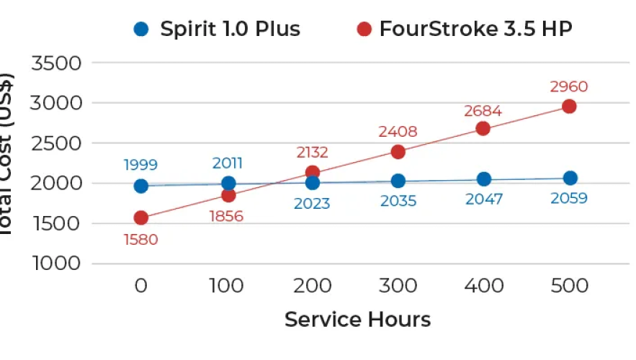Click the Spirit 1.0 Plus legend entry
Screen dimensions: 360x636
pos(216,30)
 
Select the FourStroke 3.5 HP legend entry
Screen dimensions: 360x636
pos(465,30)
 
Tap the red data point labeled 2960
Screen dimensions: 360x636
pos(569,107)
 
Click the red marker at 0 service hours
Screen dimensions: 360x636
pos(141,217)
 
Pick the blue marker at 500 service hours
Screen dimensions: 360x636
pos(570,178)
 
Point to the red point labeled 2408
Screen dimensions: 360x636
pos(398,152)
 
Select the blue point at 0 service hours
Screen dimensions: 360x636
pos(141,186)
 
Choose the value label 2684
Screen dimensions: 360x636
pos(483,111)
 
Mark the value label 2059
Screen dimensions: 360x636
pos(569,198)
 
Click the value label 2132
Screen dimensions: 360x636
pos(312,152)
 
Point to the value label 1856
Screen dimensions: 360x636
pos(225,216)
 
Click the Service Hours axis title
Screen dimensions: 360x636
pos(357,319)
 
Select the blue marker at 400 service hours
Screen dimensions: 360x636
pos(484,179)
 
